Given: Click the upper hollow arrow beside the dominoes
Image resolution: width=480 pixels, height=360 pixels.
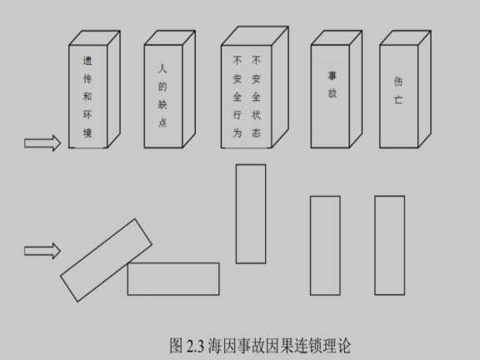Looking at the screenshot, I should click(x=42, y=144).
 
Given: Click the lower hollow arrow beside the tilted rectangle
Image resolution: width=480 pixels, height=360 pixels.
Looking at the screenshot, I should click(x=42, y=250).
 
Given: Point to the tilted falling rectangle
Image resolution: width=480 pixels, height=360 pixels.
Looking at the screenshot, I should click(x=106, y=259).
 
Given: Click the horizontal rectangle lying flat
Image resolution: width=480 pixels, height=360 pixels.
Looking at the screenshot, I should click(x=173, y=278).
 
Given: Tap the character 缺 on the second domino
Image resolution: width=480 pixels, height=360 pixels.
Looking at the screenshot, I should click(x=162, y=105).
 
